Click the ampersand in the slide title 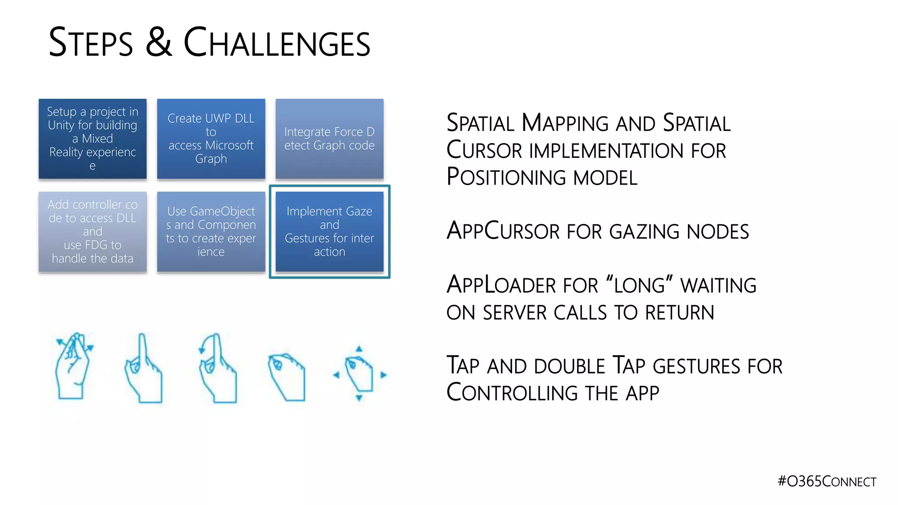point(158,43)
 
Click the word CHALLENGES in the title point(277,43)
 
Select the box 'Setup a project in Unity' point(93,139)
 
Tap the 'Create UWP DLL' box point(211,139)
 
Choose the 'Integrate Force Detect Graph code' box point(329,139)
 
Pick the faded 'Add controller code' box point(93,231)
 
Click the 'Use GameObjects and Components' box point(211,231)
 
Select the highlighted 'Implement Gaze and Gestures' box point(329,231)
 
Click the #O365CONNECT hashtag point(827,481)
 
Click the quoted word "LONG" point(640,285)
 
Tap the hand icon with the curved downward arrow point(218,368)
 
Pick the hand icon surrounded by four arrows point(360,374)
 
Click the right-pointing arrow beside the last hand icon point(384,375)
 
